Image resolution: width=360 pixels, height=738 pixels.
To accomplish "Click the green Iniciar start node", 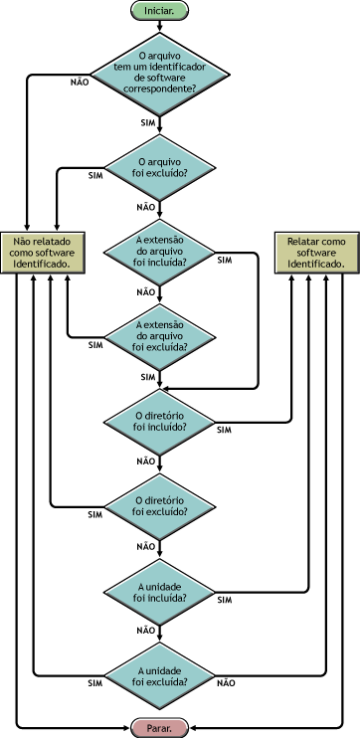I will tap(160, 11).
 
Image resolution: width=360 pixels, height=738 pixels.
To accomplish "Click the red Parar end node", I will tap(160, 727).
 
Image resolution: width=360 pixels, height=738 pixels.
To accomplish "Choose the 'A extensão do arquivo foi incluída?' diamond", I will tap(160, 255).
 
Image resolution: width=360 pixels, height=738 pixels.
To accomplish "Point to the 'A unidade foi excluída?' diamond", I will tap(160, 675).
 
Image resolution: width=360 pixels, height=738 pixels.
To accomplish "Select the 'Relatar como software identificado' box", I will tap(316, 253).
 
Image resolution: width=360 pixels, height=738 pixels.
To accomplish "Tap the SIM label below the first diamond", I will tap(149, 122).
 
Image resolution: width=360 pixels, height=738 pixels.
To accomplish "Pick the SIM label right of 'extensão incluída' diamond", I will tap(224, 261).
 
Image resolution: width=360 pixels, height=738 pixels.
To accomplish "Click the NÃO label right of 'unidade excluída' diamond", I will tap(226, 683).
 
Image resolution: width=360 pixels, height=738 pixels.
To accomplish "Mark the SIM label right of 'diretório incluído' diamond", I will tap(224, 430).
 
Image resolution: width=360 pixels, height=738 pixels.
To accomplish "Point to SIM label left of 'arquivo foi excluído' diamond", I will tap(96, 175).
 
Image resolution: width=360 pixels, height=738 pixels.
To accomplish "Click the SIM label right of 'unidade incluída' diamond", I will tap(224, 600).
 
